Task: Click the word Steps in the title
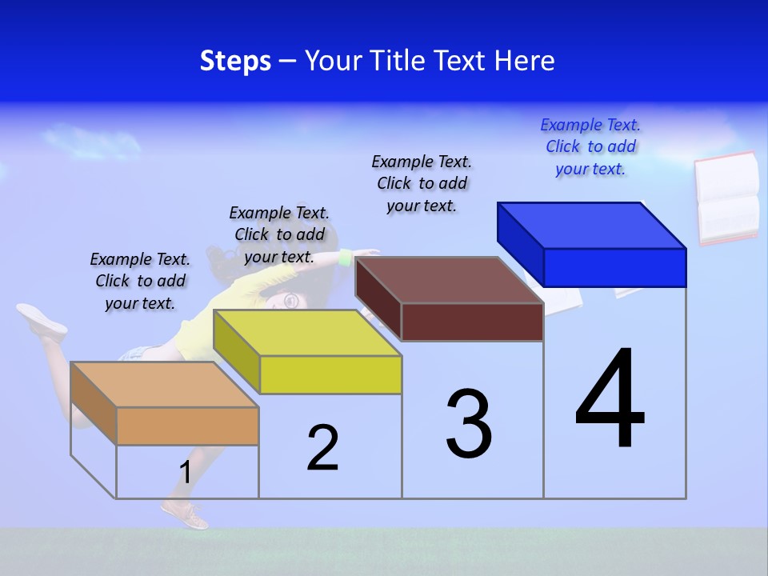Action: [x=235, y=61]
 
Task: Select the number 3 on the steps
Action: [x=468, y=424]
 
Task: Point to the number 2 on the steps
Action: [x=323, y=448]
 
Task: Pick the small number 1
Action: [x=186, y=473]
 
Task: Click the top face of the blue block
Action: [x=592, y=226]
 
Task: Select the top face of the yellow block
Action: [x=307, y=333]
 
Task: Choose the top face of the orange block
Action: [x=165, y=385]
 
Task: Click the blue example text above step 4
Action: [x=590, y=147]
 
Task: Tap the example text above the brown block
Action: [x=422, y=183]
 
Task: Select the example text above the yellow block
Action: [x=279, y=234]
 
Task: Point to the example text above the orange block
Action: [x=140, y=282]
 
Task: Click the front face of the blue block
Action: [x=614, y=267]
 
